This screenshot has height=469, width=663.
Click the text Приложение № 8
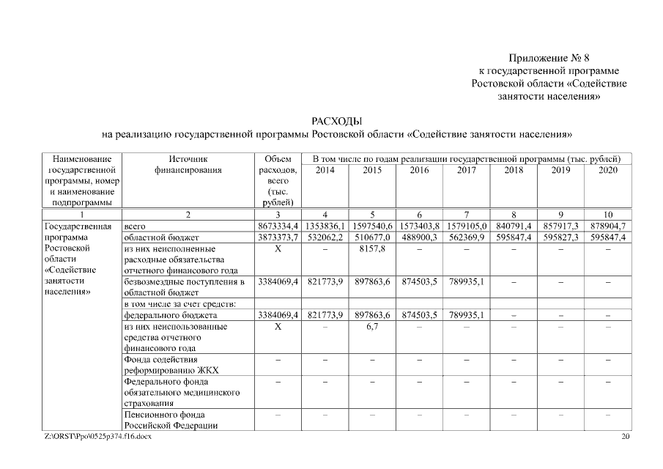[549, 58]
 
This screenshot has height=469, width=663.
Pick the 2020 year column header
[607, 170]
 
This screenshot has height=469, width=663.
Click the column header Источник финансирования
[188, 164]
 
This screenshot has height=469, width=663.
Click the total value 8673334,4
[278, 226]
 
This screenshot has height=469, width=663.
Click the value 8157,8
[372, 249]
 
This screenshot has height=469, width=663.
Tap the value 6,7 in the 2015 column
[372, 326]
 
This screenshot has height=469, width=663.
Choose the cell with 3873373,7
[278, 238]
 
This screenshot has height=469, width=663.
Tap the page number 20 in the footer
[625, 437]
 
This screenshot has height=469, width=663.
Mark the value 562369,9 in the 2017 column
[466, 238]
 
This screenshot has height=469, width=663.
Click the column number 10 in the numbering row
[607, 215]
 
